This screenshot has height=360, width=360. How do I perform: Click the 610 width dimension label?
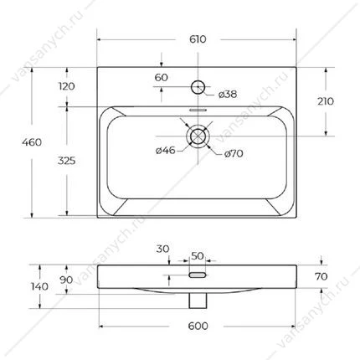tap(198, 39)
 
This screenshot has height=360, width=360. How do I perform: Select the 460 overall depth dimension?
tap(32, 142)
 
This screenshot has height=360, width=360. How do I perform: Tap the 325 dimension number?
tap(67, 161)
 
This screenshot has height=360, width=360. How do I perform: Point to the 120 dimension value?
tap(67, 86)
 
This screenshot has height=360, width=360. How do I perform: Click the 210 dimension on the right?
tap(326, 101)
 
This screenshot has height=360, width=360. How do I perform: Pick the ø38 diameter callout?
tap(228, 95)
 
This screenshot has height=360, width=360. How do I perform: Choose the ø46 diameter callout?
tap(166, 151)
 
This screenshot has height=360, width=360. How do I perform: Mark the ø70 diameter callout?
tap(234, 153)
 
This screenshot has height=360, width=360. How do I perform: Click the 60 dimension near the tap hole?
tap(162, 77)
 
